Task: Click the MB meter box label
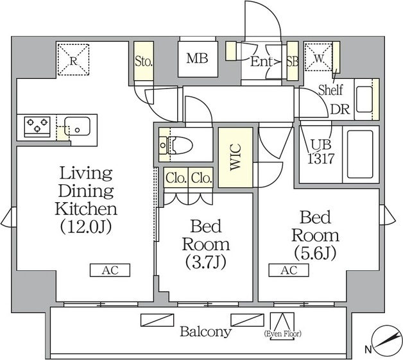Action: [x=198, y=58]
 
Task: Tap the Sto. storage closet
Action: [x=143, y=61]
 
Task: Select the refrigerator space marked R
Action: [x=74, y=60]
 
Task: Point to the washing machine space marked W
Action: [x=319, y=57]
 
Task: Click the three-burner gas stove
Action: [x=37, y=125]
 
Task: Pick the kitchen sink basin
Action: [x=77, y=126]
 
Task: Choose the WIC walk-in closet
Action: [x=236, y=157]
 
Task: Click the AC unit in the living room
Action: [x=110, y=270]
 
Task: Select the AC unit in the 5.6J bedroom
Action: [x=289, y=270]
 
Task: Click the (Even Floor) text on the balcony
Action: [x=282, y=334]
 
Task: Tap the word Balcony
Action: [x=205, y=332]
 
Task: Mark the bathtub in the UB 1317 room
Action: [x=360, y=154]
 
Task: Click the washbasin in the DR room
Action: [x=364, y=99]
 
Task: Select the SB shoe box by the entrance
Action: [x=293, y=61]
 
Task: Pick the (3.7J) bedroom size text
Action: [x=205, y=262]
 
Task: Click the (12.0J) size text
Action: [x=86, y=227]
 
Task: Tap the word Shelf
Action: [x=330, y=90]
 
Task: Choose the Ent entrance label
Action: [x=261, y=62]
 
